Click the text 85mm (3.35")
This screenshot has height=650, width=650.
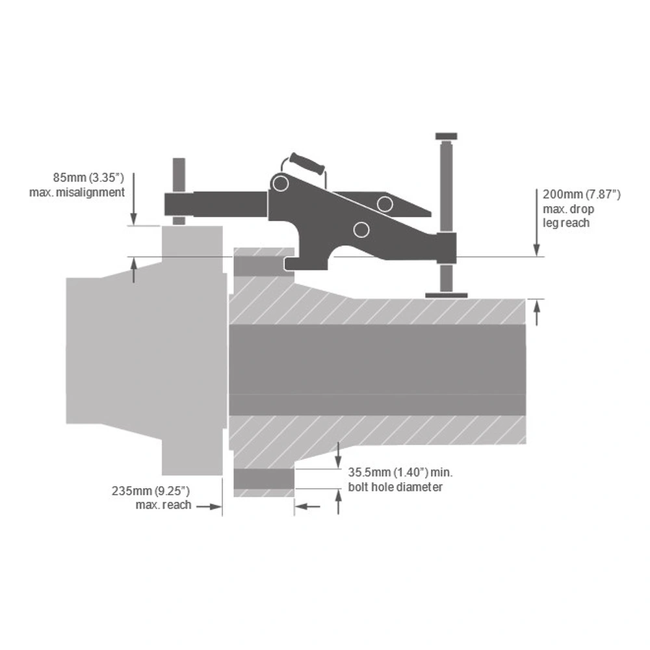coord(88,178)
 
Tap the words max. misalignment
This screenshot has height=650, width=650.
coord(77,192)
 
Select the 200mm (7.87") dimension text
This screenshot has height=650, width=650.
coord(582,194)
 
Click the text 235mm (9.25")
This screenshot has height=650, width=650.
coord(151,491)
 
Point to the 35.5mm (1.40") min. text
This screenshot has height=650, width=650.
coord(400,473)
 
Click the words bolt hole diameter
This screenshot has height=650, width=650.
coord(395,487)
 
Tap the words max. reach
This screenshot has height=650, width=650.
coord(163,505)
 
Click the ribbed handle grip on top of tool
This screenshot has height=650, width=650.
coord(307,164)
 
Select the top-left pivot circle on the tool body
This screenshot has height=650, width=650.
coord(281,183)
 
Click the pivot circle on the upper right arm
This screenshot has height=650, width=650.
coord(385,204)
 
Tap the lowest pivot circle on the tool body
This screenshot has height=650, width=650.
coord(361,229)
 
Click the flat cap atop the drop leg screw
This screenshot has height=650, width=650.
coord(446,136)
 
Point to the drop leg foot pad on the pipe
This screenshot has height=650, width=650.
coord(446,296)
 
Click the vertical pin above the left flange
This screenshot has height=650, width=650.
coord(179,191)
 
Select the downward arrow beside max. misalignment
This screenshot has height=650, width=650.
coord(133,198)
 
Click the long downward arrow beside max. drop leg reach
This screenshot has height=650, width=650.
coord(536,222)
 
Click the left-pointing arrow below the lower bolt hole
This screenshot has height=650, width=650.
coord(307,506)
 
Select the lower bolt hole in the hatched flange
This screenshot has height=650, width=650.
coord(264,479)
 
